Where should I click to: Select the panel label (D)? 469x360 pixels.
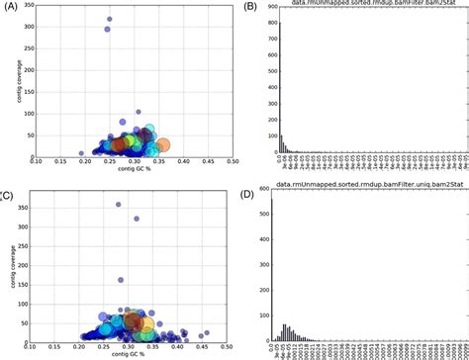pos(251,186)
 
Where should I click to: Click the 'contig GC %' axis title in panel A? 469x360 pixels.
pos(134,168)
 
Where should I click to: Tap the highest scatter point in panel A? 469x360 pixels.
pos(109,19)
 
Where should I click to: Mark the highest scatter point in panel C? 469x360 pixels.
pos(118,205)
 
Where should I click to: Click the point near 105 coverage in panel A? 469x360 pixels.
pos(138,112)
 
